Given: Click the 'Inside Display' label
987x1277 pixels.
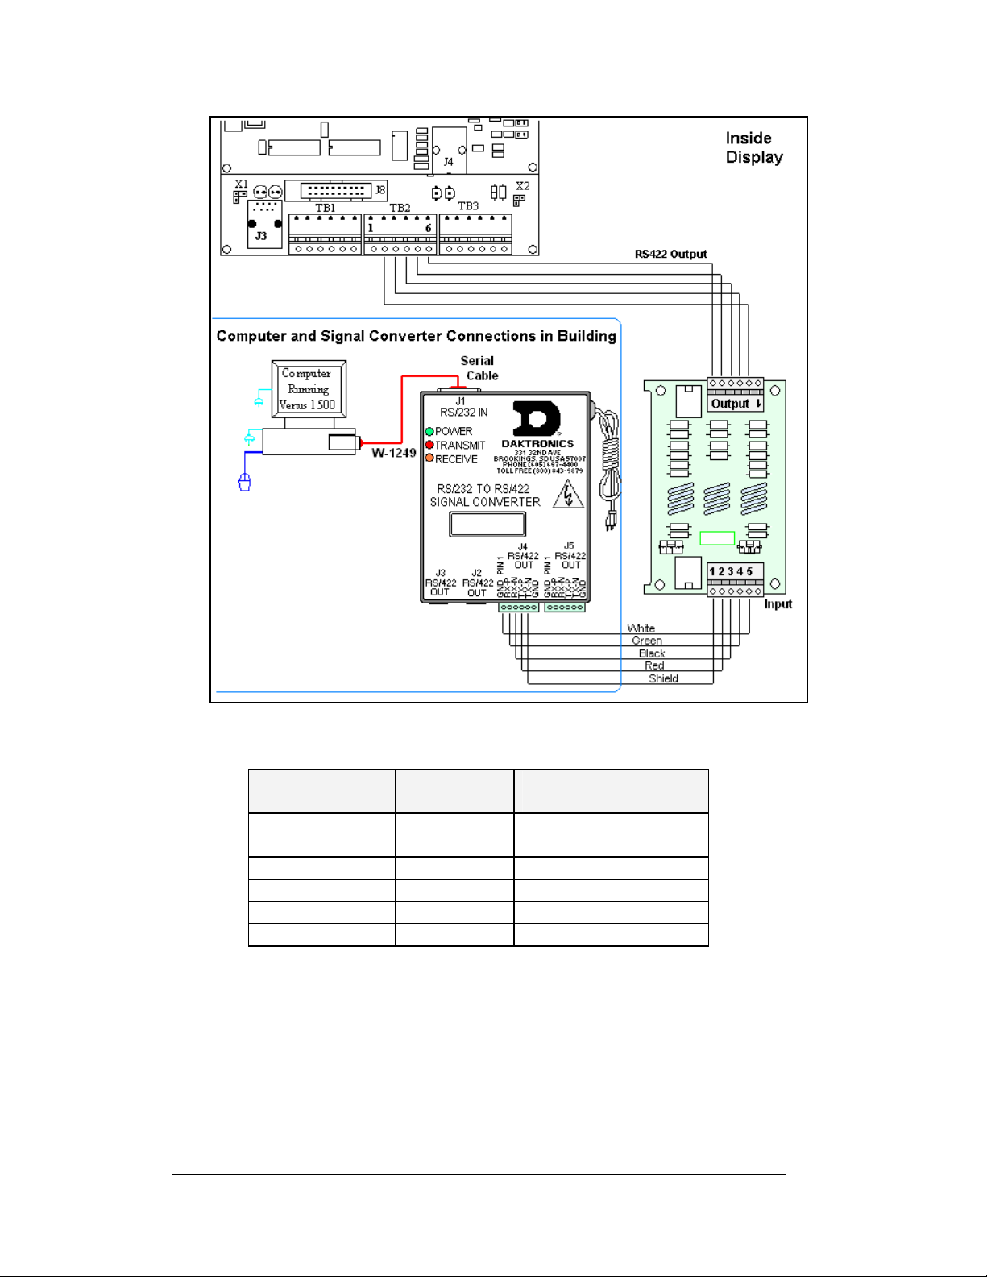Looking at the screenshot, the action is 753,148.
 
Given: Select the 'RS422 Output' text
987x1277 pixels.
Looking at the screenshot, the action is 670,255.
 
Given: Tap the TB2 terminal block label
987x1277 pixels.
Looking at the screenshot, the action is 400,208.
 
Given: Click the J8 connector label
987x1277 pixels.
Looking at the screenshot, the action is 380,190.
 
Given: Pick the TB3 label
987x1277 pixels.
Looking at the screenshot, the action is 468,206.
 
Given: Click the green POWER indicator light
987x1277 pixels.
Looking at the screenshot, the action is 429,431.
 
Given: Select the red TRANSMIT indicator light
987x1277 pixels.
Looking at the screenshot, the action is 429,445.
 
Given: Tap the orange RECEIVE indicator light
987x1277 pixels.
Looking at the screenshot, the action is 429,458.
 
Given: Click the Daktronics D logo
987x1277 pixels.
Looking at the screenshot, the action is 537,419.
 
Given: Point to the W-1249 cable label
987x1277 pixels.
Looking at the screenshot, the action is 393,453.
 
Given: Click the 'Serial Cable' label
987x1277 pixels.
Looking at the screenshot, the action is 479,368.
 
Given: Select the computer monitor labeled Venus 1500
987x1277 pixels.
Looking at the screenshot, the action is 309,389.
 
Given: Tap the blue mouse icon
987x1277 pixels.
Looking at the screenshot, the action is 244,482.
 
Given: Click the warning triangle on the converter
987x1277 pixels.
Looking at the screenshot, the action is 568,495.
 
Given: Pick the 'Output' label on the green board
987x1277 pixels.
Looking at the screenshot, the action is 735,404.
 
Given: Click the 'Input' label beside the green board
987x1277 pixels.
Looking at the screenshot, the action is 778,604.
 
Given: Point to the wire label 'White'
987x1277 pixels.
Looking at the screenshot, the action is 641,628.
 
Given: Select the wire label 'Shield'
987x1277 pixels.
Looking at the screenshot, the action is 663,678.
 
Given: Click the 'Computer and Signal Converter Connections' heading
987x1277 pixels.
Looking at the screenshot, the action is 416,336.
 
